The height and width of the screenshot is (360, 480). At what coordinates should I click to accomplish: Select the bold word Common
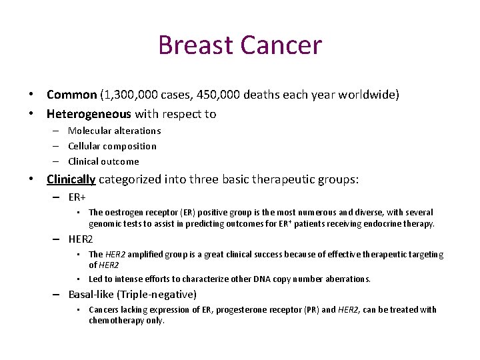(x=71, y=95)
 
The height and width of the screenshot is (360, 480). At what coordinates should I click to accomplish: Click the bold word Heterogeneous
(x=89, y=114)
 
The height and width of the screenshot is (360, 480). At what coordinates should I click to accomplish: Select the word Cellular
(x=87, y=146)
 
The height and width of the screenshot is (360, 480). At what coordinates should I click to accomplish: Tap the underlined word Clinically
(x=71, y=179)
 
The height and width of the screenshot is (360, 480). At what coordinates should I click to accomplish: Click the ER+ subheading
(x=77, y=197)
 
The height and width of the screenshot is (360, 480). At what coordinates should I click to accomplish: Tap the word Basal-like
(x=93, y=295)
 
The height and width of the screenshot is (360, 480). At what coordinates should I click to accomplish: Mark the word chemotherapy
(x=117, y=321)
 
